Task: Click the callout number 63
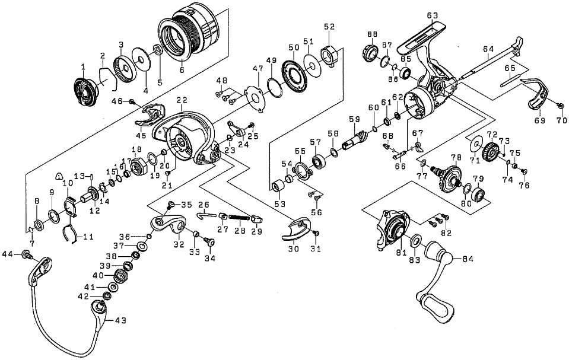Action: tap(432, 15)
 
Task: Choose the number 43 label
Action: tap(120, 321)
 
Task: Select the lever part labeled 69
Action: tap(538, 95)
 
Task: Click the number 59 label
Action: tap(355, 119)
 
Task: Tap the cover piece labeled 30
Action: tap(296, 228)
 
